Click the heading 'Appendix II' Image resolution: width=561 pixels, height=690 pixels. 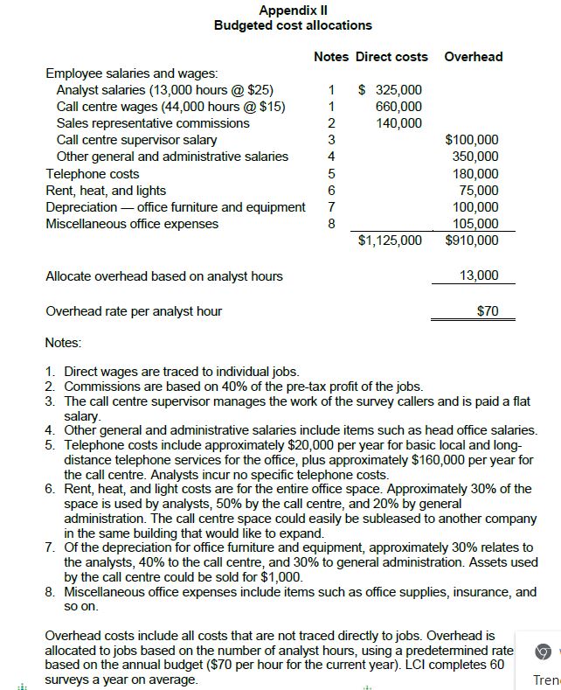293,10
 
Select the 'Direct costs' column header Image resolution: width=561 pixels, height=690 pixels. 391,57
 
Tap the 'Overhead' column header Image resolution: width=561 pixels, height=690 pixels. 473,57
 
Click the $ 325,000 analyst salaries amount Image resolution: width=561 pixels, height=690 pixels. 391,90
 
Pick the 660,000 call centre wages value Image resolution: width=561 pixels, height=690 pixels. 398,107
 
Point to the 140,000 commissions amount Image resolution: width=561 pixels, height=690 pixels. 398,123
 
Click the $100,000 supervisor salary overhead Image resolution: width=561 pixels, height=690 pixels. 472,140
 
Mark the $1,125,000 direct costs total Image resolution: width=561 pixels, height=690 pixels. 390,240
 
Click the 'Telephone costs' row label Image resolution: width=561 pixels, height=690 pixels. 92,174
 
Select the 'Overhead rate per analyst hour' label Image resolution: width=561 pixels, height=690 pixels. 133,310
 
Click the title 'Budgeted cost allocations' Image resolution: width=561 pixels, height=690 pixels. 293,25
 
